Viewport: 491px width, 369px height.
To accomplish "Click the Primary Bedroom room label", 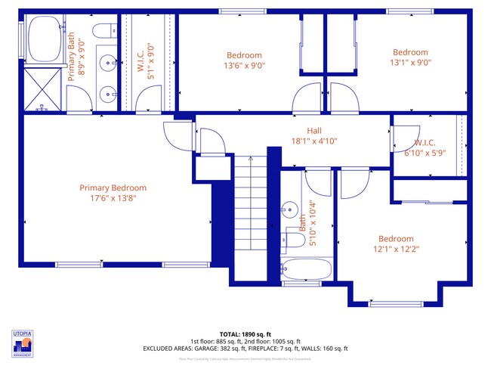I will tap(113, 188).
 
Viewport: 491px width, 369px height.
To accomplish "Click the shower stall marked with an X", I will tap(43, 88).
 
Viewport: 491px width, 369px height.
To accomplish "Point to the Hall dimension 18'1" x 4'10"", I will tap(314, 141).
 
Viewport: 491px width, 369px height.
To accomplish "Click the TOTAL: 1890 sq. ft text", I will tap(245, 333).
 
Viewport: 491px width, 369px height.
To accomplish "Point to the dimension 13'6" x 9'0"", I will tap(244, 65).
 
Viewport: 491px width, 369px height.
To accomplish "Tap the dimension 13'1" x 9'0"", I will tap(410, 63).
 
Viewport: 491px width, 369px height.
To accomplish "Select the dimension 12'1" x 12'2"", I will tap(396, 249).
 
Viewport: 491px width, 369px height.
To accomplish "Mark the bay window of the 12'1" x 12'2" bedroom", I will tap(395, 303).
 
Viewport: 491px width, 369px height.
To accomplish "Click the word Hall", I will tap(314, 130).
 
